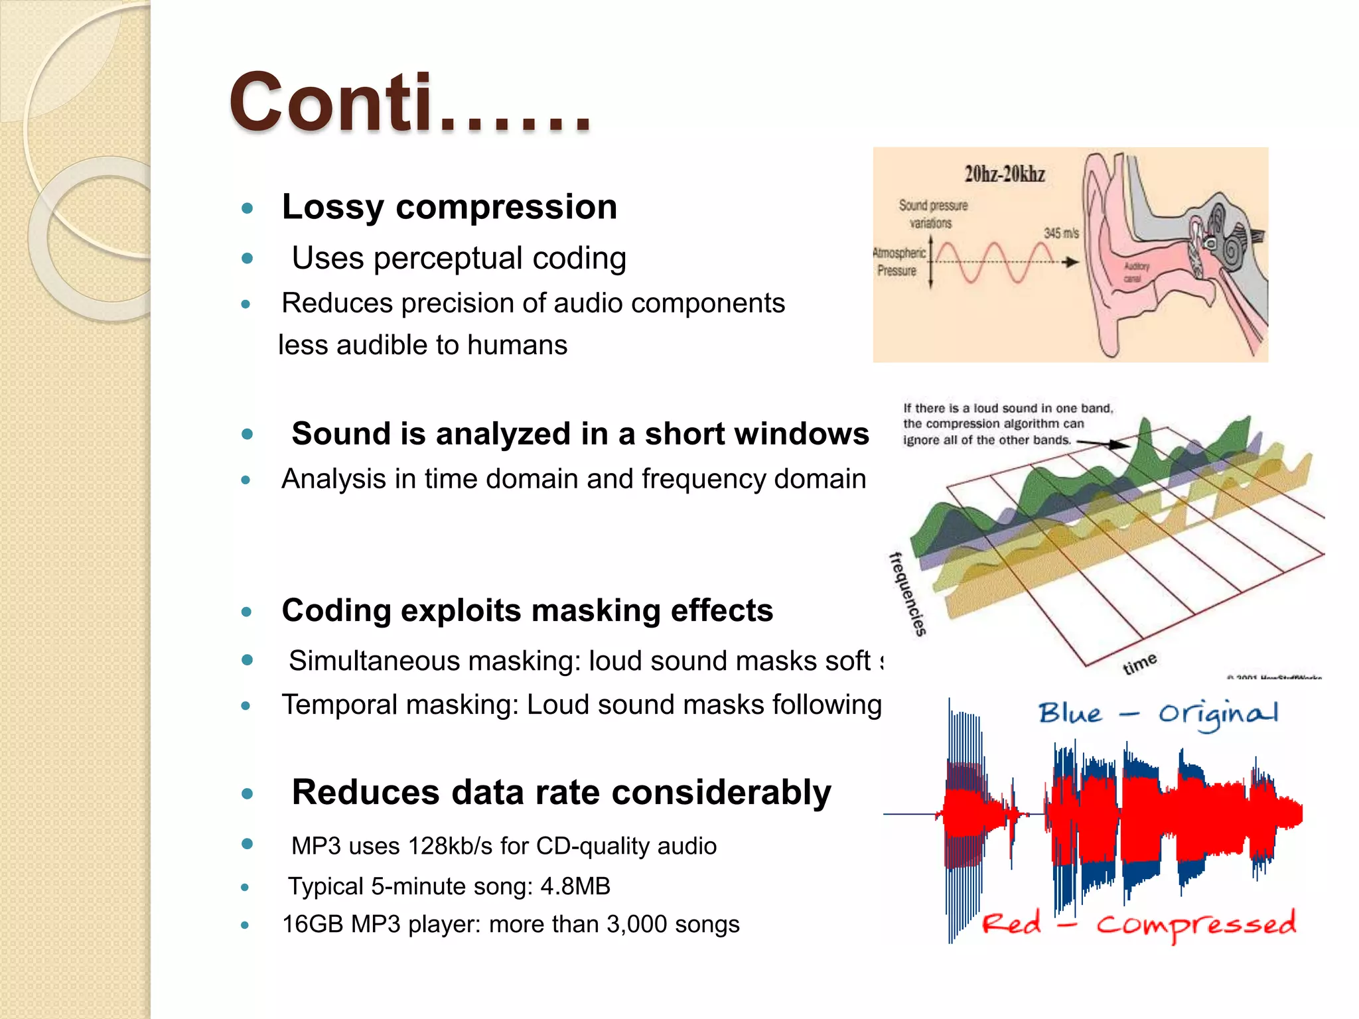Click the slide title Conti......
click(x=409, y=103)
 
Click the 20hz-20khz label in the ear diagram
click(x=1004, y=174)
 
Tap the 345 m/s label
click(x=1060, y=234)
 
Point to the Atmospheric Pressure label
click(x=898, y=262)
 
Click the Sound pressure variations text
click(x=932, y=214)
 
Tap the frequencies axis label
click(x=907, y=594)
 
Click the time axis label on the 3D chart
click(x=1139, y=663)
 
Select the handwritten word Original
click(x=1218, y=714)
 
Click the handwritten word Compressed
click(x=1195, y=924)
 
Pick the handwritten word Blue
click(x=1070, y=713)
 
